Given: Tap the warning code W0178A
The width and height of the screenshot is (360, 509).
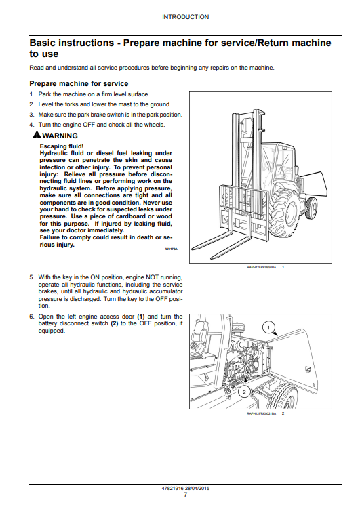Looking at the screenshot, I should coord(170,249).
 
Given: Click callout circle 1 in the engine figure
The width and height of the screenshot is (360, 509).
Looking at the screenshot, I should coord(268,328).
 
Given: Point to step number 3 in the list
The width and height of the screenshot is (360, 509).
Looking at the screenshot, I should coord(31,115).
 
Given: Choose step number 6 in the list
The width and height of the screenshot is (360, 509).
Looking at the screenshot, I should coord(31,317).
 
